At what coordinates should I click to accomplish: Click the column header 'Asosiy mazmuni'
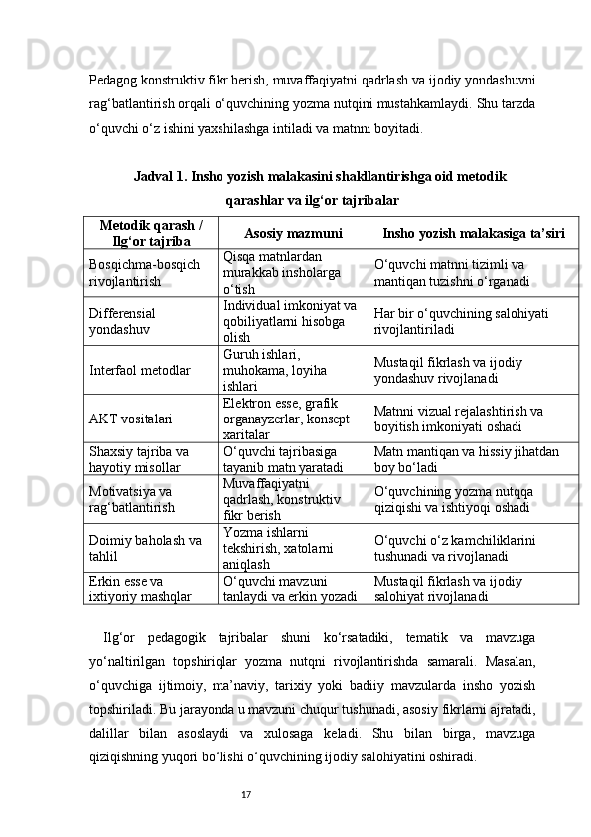tap(293, 233)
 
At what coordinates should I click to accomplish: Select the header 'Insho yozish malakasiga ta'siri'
tap(474, 233)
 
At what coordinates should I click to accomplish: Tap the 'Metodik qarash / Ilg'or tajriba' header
tap(151, 233)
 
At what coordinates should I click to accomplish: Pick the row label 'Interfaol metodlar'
tap(140, 370)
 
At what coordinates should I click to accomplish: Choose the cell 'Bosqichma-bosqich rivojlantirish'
tap(144, 272)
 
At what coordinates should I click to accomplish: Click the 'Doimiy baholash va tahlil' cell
tap(144, 547)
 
